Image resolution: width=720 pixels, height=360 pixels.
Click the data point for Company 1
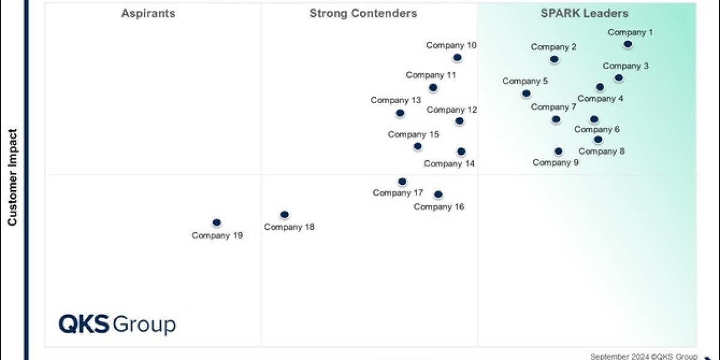pos(628,44)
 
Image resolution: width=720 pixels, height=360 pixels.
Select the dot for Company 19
pos(217,223)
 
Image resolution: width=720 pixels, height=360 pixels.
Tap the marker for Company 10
pos(457,58)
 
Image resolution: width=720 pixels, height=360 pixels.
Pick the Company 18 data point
pos(284,215)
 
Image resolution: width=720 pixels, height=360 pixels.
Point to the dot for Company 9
pos(559,151)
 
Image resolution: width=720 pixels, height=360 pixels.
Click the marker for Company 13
pos(400,113)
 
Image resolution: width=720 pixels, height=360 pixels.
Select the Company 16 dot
pos(438,194)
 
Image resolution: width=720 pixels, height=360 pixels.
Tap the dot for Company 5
pos(526,93)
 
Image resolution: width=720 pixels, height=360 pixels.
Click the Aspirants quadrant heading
pos(148,13)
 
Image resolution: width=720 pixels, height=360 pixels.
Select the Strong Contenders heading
pos(363,13)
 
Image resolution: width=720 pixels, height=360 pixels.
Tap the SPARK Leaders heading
pos(584,13)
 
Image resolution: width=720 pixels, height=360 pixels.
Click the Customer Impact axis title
pos(13,179)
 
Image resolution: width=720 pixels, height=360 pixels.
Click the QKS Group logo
pos(117,324)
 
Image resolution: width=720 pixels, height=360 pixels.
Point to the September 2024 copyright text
pos(643,355)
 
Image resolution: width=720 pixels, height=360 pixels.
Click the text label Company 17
pos(398,193)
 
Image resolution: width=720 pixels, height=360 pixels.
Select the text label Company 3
pos(626,66)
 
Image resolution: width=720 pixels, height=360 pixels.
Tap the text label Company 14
pos(449,163)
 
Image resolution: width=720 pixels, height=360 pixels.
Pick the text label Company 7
pos(553,107)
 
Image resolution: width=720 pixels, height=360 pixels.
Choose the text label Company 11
pos(431,75)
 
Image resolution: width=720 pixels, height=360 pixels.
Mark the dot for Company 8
pos(598,140)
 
